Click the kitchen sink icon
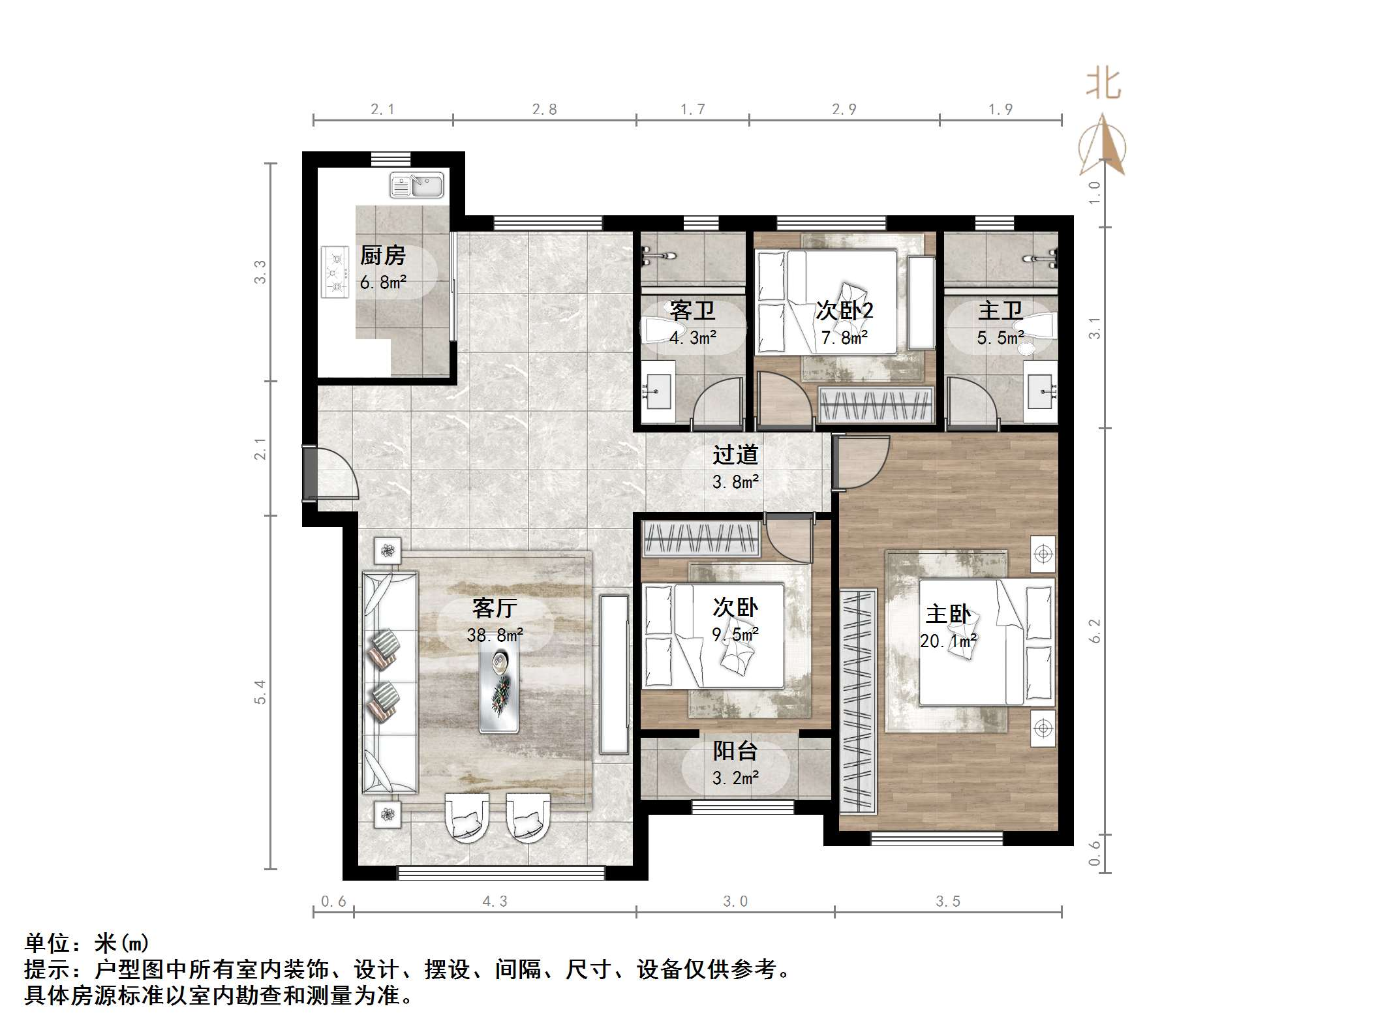tap(416, 185)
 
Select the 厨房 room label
tap(383, 255)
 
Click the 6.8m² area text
tap(383, 282)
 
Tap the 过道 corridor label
tap(735, 455)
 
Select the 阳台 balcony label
tap(735, 751)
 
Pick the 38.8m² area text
tap(495, 635)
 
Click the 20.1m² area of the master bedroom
tap(948, 641)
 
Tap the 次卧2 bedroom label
tap(844, 311)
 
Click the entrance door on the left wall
tap(311, 474)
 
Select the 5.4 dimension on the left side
tap(260, 691)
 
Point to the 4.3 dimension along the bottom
tap(495, 902)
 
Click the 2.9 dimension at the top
tap(844, 110)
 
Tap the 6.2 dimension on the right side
tap(1095, 631)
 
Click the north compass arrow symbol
tap(1103, 147)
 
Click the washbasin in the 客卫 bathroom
tap(658, 393)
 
